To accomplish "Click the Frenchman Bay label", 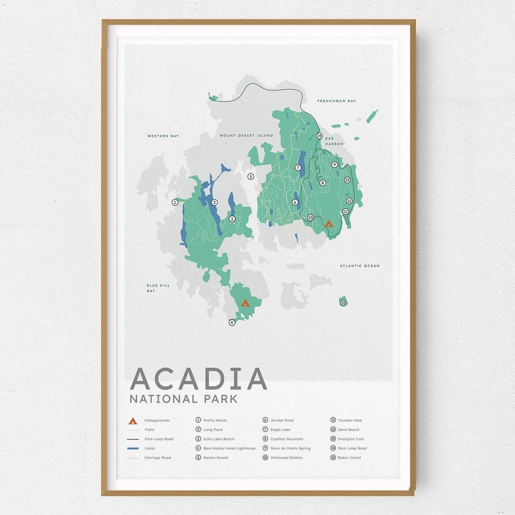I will pos(336,101).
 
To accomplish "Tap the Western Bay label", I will pos(163,136).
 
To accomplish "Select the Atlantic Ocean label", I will pos(360,266).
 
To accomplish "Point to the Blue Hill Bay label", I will pos(158,288).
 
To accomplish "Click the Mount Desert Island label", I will pos(246,136).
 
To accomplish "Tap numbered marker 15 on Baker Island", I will pos(343,303).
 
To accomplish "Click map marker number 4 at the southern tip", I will pos(232,322).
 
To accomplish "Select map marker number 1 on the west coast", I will pos(175,202).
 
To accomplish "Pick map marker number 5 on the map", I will pos(251,176).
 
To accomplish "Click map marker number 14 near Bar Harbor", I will pos(319,136).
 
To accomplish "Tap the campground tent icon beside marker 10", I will pos(328,223).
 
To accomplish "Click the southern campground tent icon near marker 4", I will pos(245,303).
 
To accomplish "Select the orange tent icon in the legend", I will pos(133,421).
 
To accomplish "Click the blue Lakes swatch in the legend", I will pos(133,448).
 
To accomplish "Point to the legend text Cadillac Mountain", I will pos(287,439).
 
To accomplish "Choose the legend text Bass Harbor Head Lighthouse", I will pos(229,448).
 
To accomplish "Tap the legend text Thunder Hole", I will pos(350,421).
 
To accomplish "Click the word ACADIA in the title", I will pos(198,379).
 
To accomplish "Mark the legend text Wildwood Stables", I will pos(286,458).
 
